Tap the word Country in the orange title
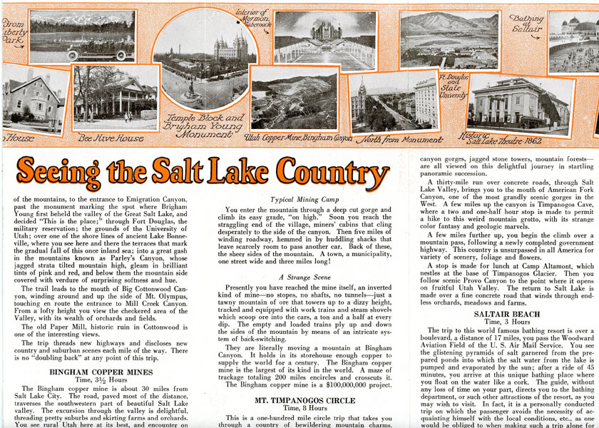[334, 172]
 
